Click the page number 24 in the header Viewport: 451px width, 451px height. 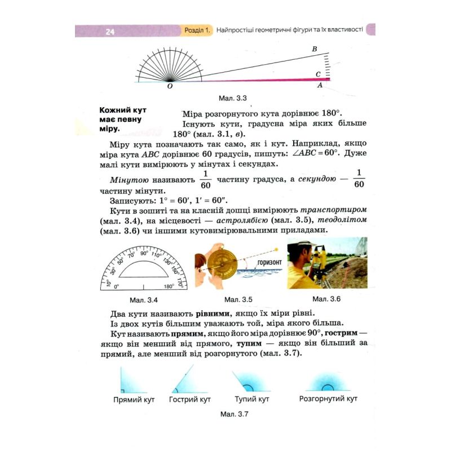pos(110,31)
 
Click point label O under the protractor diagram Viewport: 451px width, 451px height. pos(170,87)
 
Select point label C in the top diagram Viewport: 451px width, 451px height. pos(318,74)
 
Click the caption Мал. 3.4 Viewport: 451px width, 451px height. pos(143,299)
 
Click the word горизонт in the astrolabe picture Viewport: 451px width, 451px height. pos(269,263)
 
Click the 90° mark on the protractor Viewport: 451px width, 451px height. pos(144,253)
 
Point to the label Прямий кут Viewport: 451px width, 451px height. pos(134,399)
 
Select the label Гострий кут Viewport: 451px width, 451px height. pos(190,399)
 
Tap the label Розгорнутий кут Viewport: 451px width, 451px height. pos(329,399)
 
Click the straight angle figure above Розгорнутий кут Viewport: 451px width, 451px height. pos(329,384)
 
